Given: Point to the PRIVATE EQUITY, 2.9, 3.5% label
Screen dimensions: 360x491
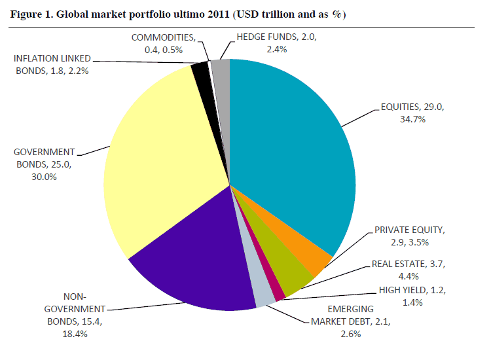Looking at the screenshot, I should pyautogui.click(x=409, y=236).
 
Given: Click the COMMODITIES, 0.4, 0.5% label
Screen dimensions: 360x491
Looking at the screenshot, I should pyautogui.click(x=162, y=43).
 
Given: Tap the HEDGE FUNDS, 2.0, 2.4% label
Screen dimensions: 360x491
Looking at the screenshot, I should pyautogui.click(x=271, y=43).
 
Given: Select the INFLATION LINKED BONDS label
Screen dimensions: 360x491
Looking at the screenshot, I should pyautogui.click(x=51, y=64).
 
